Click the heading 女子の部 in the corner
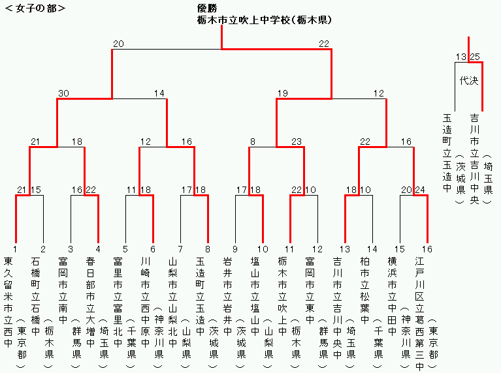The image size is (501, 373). pyautogui.click(x=35, y=8)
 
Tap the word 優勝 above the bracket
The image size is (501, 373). pyautogui.click(x=207, y=8)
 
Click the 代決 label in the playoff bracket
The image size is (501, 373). pyautogui.click(x=468, y=81)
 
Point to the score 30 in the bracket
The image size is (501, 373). pyautogui.click(x=63, y=93)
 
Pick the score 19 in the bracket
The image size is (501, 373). pyautogui.click(x=282, y=93)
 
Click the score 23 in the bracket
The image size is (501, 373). pyautogui.click(x=297, y=142)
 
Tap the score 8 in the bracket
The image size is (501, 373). pyautogui.click(x=253, y=142)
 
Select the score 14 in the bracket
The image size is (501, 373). pyautogui.click(x=159, y=93)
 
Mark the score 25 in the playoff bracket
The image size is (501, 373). pyautogui.click(x=475, y=57)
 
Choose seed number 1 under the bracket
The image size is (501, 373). pyautogui.click(x=15, y=248)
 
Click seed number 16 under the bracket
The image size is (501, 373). pyautogui.click(x=427, y=248)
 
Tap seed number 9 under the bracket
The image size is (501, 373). pyautogui.click(x=235, y=248)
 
